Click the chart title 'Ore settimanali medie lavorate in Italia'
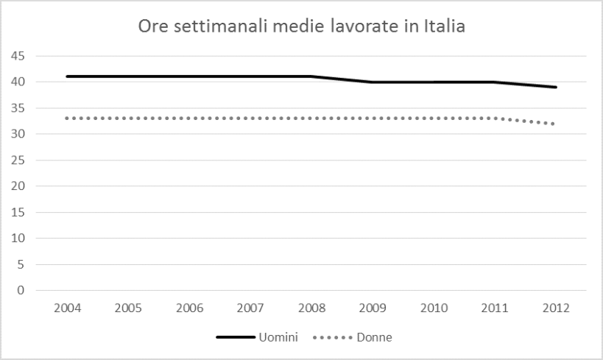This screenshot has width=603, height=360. tap(302, 28)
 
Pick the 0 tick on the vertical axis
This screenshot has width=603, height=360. tap(22, 290)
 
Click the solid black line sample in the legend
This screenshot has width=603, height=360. tap(235, 337)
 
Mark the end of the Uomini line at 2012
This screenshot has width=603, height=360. tap(557, 87)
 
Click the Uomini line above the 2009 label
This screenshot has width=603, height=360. tap(373, 82)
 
